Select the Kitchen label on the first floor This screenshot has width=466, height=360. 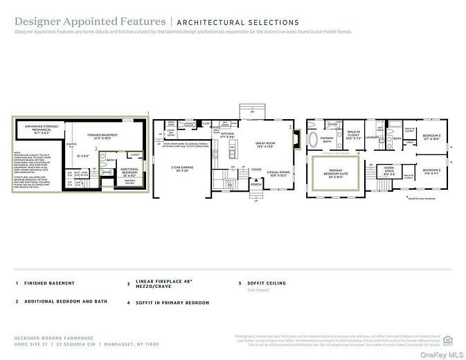click(x=229, y=136)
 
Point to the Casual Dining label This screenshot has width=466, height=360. click(x=277, y=173)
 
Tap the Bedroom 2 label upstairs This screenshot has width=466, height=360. click(x=431, y=170)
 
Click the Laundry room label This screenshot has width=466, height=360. click(x=371, y=137)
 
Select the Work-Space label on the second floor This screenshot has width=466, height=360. click(x=389, y=171)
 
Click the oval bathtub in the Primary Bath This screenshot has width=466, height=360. click(x=314, y=139)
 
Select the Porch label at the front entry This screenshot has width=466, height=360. click(x=257, y=185)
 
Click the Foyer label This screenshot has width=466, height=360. click(x=256, y=168)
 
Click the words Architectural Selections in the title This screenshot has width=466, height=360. click(x=240, y=22)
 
